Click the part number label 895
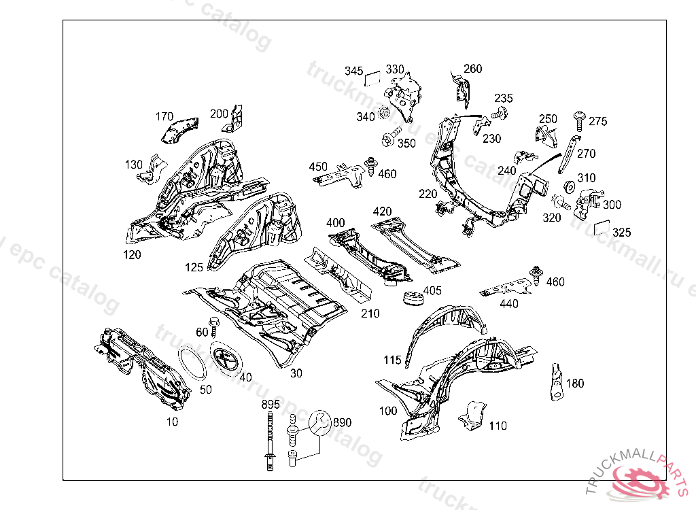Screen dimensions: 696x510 271,405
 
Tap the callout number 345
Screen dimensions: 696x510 353,71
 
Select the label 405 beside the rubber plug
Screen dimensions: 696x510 432,291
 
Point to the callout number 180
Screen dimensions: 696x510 574,384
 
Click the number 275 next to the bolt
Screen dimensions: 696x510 597,122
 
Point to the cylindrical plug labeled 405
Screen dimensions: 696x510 412,299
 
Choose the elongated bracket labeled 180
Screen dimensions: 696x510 555,384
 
